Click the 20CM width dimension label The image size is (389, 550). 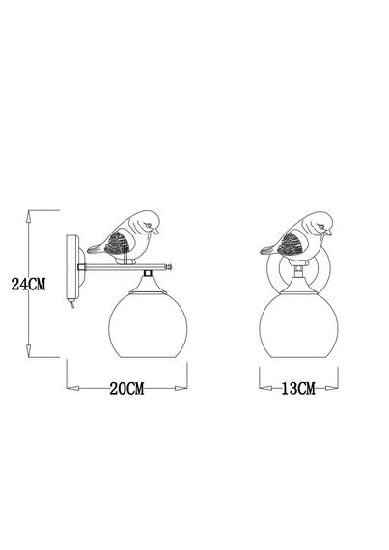(x=126, y=389)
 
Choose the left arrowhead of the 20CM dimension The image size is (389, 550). (x=69, y=389)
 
